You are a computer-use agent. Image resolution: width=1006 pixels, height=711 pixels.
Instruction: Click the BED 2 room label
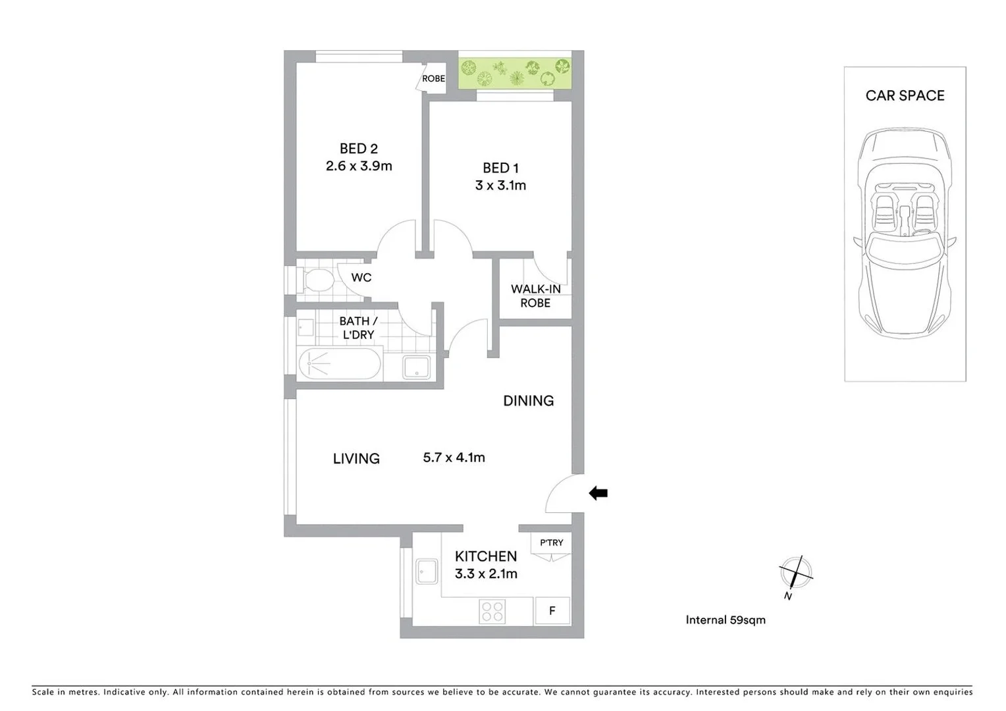click(358, 149)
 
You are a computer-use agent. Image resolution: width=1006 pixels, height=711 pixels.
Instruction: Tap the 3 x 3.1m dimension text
click(500, 186)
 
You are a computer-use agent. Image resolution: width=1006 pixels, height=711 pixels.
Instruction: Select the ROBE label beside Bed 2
click(433, 78)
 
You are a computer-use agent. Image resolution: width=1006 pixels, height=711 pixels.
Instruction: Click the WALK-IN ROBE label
click(535, 296)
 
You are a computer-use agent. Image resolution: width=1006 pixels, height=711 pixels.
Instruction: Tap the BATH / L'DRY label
click(358, 328)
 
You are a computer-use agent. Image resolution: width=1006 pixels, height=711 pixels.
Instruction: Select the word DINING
click(528, 400)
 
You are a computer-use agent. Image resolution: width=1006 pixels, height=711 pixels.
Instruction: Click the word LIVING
click(356, 458)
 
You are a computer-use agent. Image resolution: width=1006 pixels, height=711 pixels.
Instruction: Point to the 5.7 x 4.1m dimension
click(454, 458)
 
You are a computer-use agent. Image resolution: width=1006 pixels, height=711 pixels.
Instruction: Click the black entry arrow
click(598, 493)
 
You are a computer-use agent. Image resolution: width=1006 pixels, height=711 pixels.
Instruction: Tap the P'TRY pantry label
click(551, 542)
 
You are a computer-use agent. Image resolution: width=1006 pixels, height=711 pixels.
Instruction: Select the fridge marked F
click(552, 611)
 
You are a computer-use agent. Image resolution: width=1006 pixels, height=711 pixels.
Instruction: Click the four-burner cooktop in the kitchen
click(492, 611)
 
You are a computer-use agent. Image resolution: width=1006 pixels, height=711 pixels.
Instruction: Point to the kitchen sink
click(427, 571)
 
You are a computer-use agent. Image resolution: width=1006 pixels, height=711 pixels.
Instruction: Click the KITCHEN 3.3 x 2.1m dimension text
click(486, 573)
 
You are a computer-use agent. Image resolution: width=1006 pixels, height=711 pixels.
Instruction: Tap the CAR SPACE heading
click(905, 95)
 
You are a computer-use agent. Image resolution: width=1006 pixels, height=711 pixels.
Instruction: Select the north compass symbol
click(795, 573)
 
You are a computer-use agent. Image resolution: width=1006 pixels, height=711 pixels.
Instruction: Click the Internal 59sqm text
click(726, 619)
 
